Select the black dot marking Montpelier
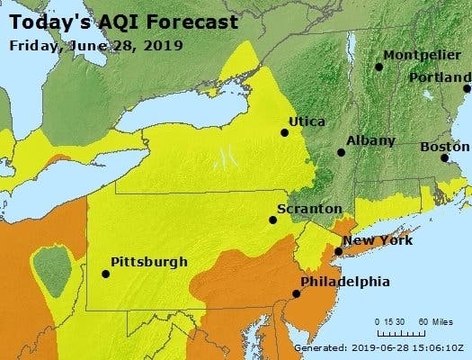379,67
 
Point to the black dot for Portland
467,88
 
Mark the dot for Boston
444,158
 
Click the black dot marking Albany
341,153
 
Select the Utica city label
307,121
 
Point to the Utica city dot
285,133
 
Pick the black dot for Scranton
272,220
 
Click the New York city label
378,240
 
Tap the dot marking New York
337,251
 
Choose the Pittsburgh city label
148,262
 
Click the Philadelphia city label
345,282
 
